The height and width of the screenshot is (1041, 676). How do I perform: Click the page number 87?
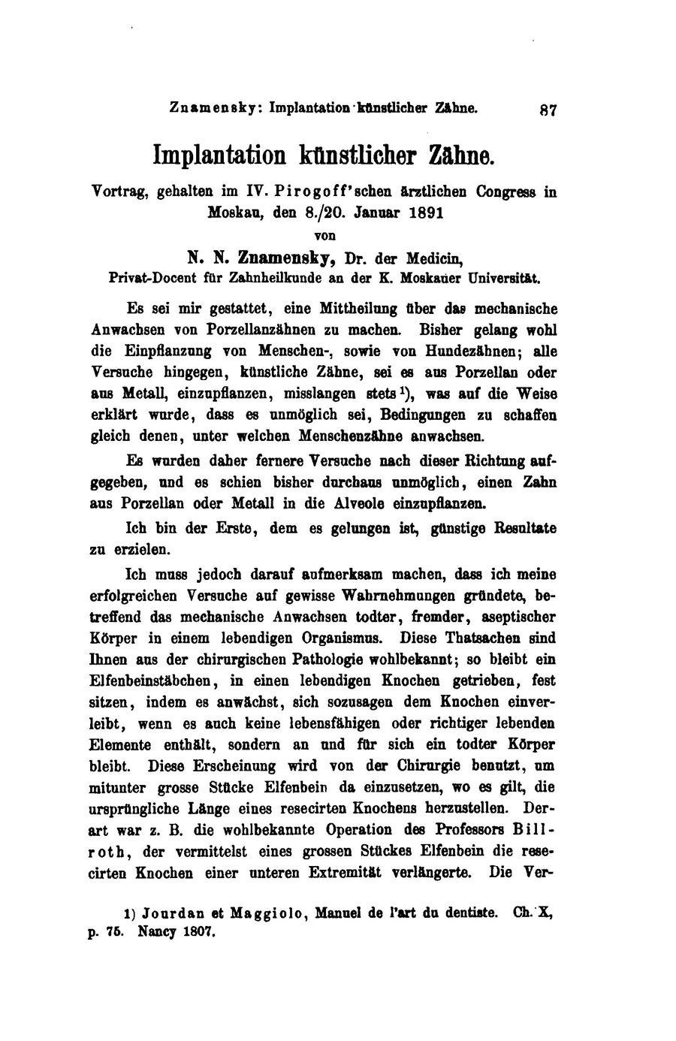[548, 110]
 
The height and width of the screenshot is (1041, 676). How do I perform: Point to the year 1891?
[427, 213]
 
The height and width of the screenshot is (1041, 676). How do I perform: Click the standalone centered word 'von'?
[324, 234]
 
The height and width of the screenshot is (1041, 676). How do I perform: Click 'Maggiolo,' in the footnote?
[268, 914]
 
